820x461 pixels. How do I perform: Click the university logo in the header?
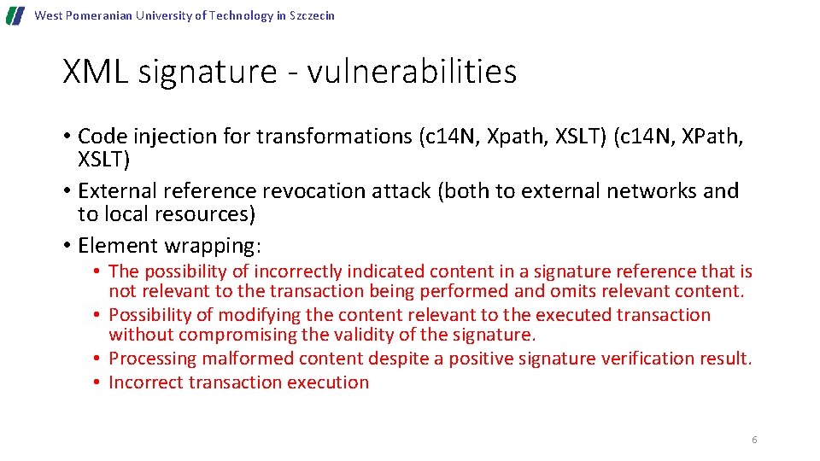tap(15, 16)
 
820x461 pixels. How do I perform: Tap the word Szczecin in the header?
tap(312, 16)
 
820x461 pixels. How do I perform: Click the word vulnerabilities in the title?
tap(412, 72)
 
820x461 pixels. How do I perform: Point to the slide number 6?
tap(754, 440)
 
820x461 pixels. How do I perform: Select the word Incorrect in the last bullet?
tap(146, 382)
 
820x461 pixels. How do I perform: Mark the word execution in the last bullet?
tap(328, 382)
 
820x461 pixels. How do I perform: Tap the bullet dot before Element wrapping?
tap(67, 247)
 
